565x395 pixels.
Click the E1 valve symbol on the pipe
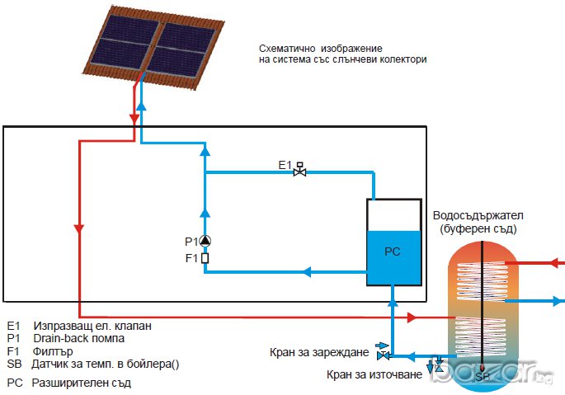coord(300,172)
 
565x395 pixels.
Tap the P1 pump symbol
coord(205,242)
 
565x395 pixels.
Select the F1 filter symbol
coord(205,257)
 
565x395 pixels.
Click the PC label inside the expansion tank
coord(393,251)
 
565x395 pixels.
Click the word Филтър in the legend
coord(51,350)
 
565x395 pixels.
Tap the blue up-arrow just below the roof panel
coord(142,105)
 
